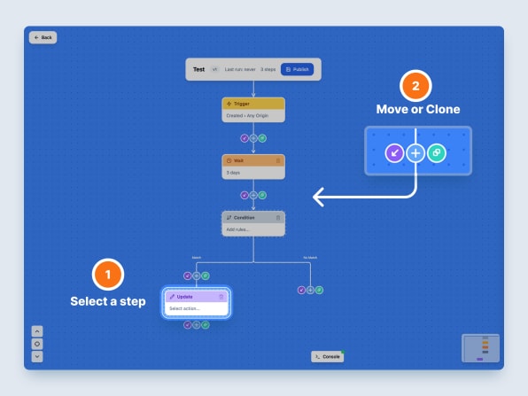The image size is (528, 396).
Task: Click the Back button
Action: [x=43, y=37]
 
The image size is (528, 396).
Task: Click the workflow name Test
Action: [x=199, y=69]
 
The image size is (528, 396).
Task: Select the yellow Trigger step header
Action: [x=253, y=104]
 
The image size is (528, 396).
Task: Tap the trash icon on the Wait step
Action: [x=278, y=160]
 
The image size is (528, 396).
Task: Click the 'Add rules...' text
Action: [x=238, y=229]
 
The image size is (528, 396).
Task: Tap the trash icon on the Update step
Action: [x=221, y=297]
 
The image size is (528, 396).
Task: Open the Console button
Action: [x=327, y=356]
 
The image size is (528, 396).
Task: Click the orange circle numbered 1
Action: [x=108, y=275]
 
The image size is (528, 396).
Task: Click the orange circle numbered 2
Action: [x=416, y=87]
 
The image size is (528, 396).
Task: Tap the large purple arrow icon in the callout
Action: [x=395, y=152]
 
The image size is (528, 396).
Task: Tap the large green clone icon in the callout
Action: [x=437, y=152]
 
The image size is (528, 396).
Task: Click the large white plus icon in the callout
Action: [x=415, y=152]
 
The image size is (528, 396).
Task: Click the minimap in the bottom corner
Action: [x=480, y=348]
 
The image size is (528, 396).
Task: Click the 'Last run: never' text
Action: [x=239, y=69]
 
